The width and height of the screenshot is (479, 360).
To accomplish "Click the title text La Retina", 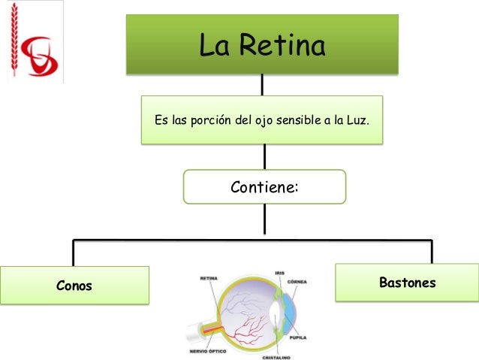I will click(x=261, y=47).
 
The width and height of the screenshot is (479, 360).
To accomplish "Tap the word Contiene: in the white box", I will click(x=264, y=187).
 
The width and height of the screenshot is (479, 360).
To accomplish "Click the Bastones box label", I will click(x=408, y=283).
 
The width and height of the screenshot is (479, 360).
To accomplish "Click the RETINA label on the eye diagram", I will click(x=209, y=278).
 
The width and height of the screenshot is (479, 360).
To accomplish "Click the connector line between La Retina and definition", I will click(x=262, y=85).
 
